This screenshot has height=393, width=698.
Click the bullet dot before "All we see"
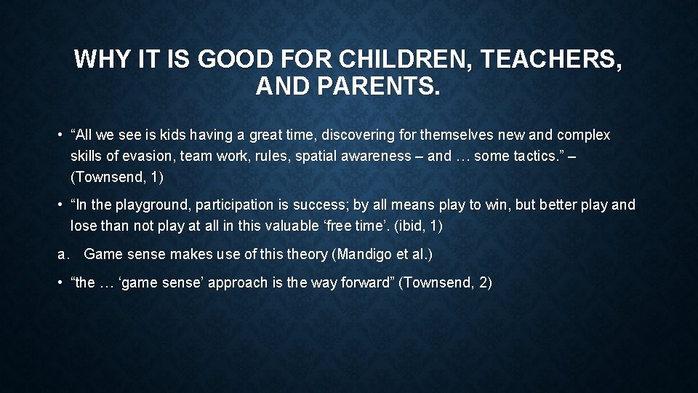tap(62, 135)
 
